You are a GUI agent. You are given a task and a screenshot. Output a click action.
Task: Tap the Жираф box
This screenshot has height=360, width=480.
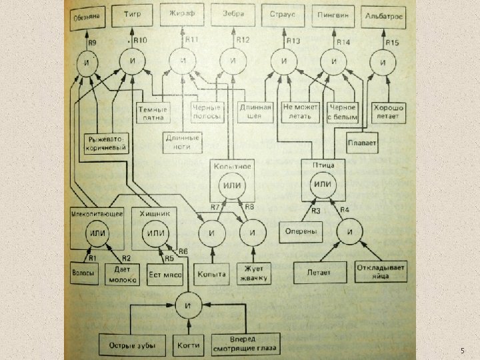(183, 15)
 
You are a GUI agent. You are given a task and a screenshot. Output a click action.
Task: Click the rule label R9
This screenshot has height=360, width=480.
(93, 43)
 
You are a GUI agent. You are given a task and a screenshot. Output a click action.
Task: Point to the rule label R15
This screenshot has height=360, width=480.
(393, 43)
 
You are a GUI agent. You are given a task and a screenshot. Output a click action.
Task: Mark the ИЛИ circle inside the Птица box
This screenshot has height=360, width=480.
(323, 183)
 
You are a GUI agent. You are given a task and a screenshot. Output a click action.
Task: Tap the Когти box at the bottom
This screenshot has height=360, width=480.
(188, 345)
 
